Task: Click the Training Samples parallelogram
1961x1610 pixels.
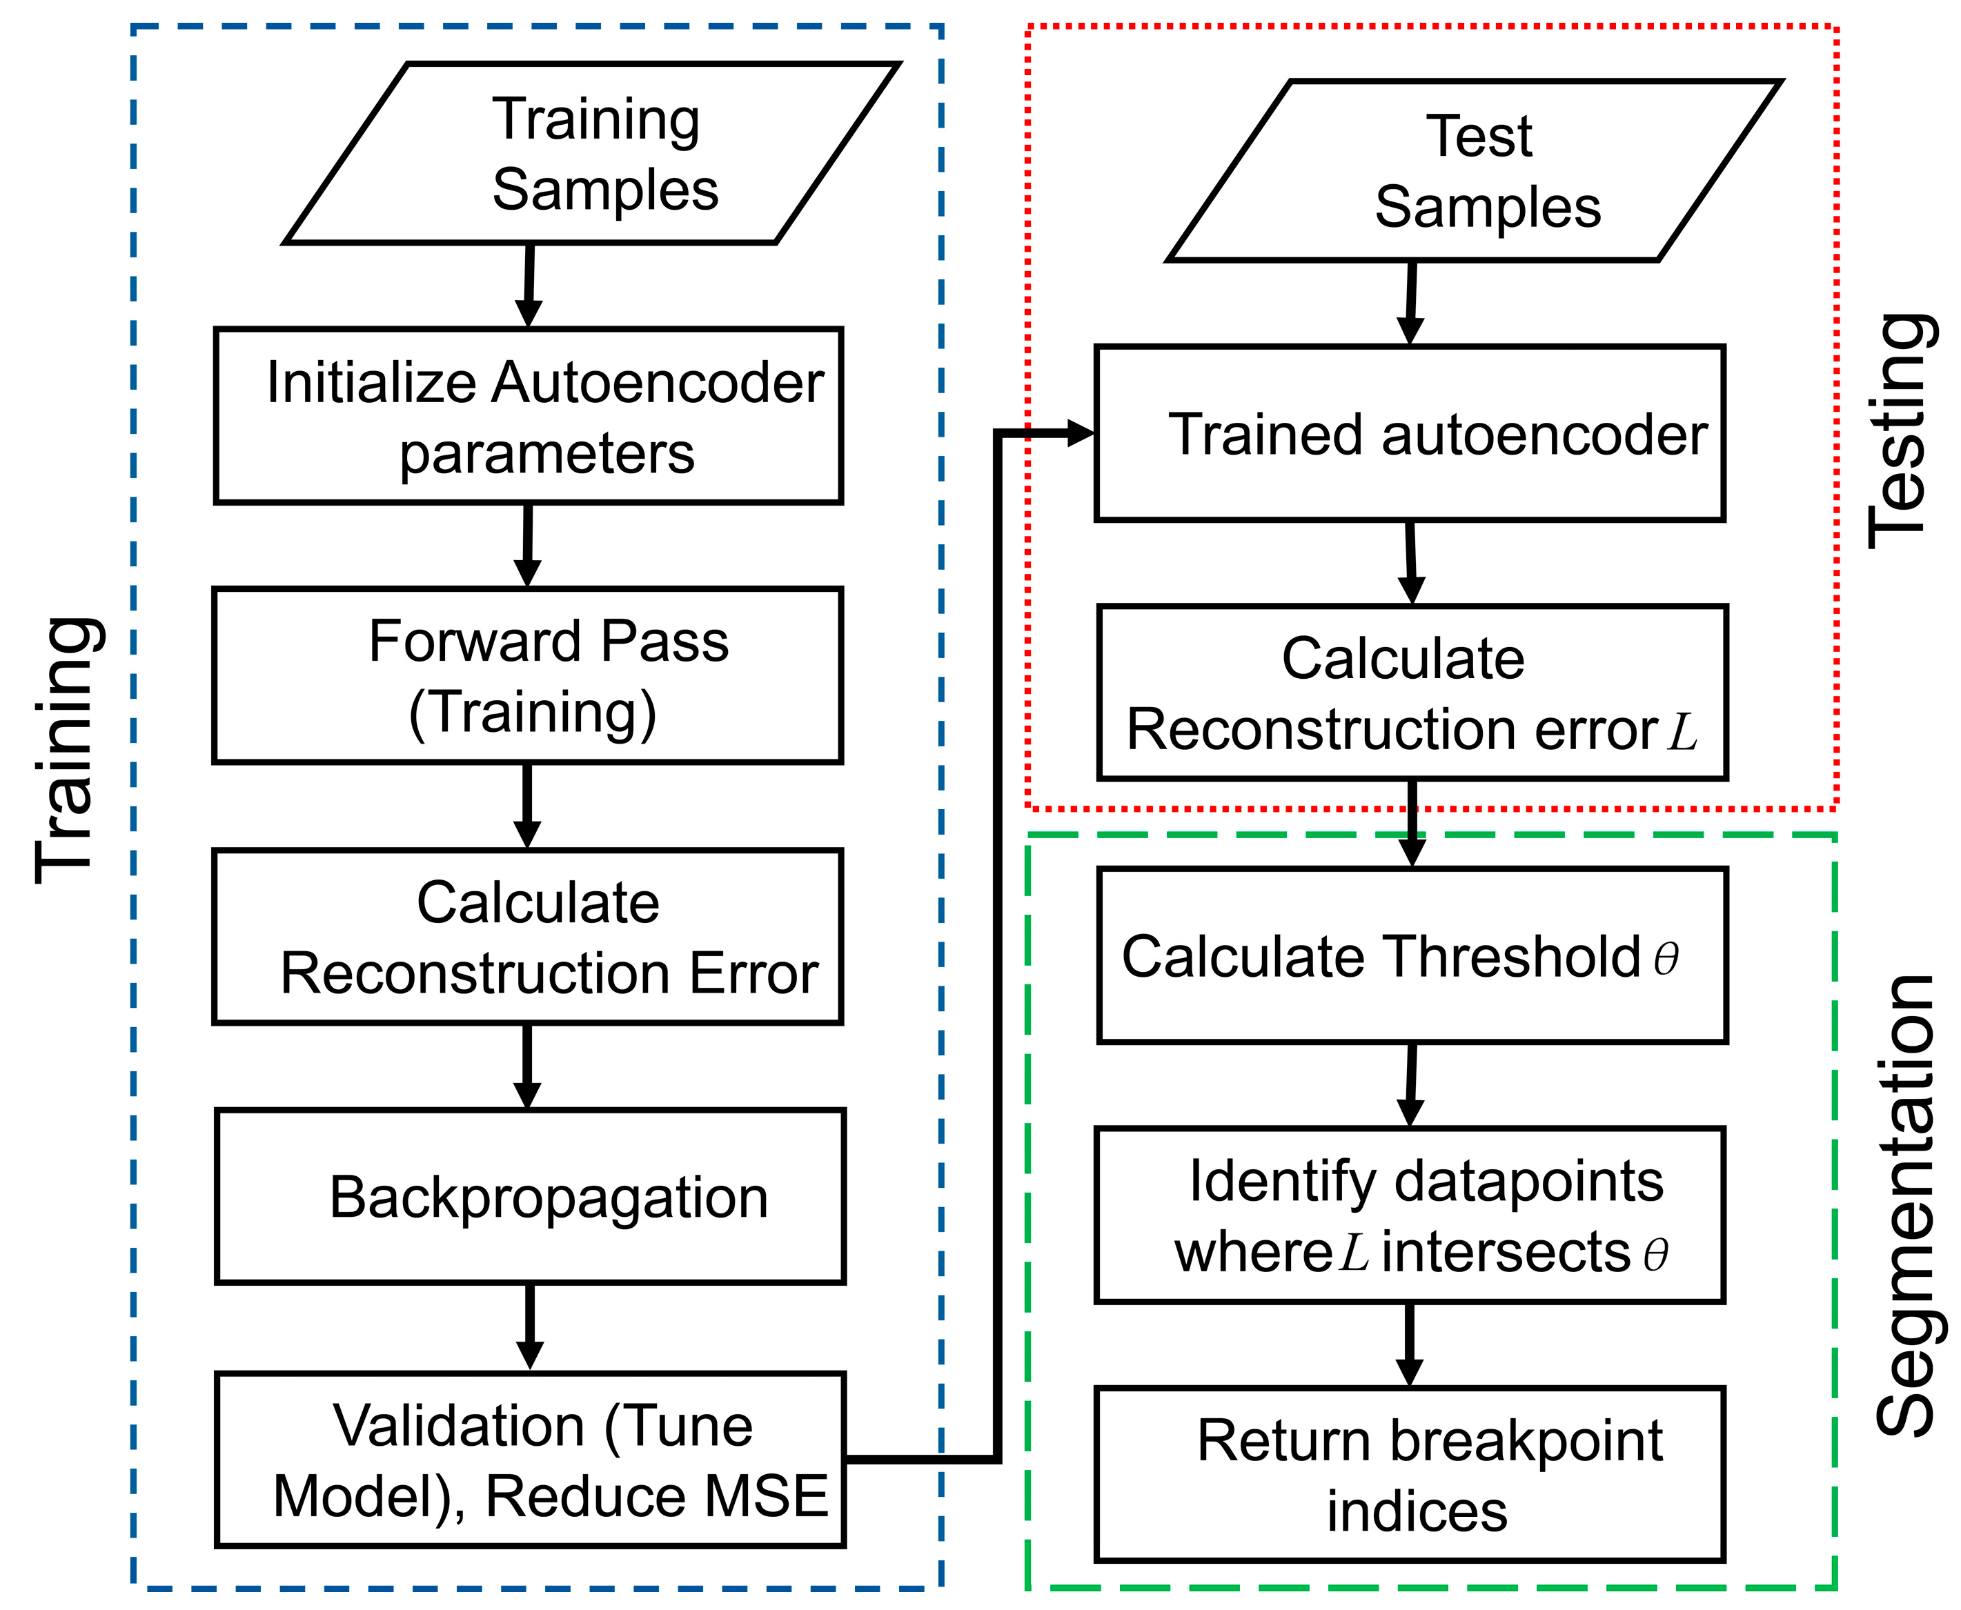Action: tap(591, 154)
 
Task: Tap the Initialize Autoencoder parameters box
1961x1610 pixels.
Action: tap(528, 415)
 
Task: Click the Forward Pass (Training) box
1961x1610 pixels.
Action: tap(528, 675)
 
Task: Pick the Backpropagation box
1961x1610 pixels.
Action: tap(530, 1196)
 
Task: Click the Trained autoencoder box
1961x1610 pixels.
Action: tap(1409, 433)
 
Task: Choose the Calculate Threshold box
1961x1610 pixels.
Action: tap(1411, 955)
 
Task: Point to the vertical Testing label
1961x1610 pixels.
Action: tap(1900, 431)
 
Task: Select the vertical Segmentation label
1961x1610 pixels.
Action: tap(1904, 1206)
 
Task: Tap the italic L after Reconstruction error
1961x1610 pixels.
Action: tap(1682, 731)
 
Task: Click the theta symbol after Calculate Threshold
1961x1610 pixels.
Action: tap(1666, 958)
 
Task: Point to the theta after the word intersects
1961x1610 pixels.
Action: tap(1655, 1255)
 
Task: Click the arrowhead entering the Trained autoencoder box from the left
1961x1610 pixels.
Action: tap(1081, 433)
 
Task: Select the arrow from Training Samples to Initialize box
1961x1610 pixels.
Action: tap(529, 285)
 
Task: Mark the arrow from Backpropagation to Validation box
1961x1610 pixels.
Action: tap(530, 1326)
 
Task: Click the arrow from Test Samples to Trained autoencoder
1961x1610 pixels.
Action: tap(1410, 304)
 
